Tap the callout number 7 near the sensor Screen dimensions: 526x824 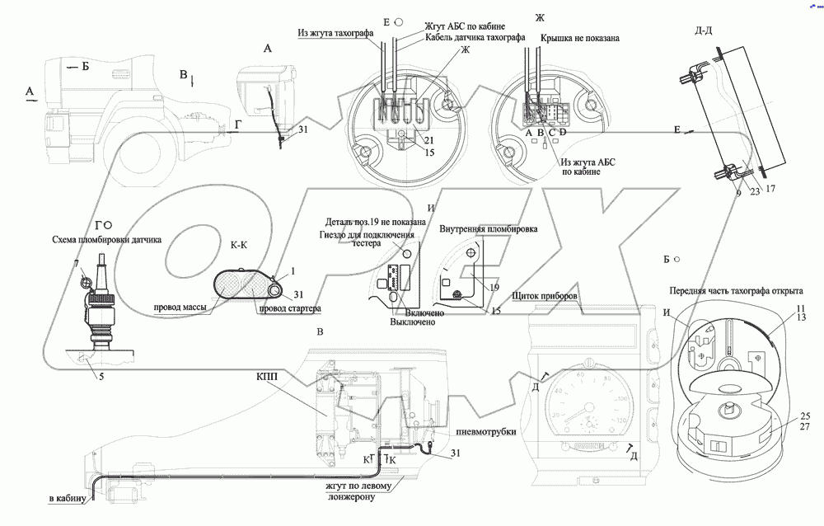tap(77, 263)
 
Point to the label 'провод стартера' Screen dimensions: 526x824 tap(289, 308)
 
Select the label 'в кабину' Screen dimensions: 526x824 tap(66, 499)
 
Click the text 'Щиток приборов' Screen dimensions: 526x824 tap(545, 296)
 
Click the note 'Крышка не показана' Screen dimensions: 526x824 tap(580, 38)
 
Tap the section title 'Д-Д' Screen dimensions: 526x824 tap(705, 31)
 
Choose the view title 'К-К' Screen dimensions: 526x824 tap(240, 245)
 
